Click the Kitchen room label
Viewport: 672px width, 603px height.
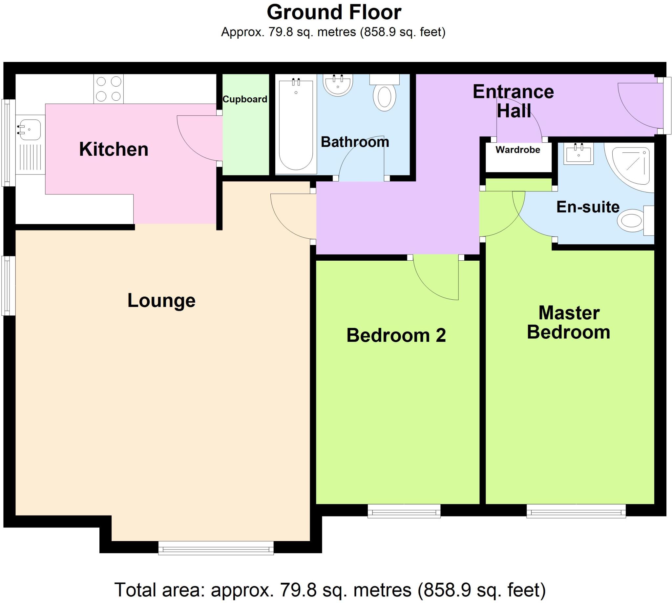(114, 149)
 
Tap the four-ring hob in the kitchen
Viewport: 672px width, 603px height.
(108, 89)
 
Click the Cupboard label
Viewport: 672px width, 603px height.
(245, 99)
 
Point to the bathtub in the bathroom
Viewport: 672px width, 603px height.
(296, 124)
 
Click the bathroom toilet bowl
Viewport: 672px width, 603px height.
(384, 97)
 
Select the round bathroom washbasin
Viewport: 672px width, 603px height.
(338, 85)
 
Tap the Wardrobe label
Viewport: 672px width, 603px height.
(517, 150)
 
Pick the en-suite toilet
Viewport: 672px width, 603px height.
(632, 220)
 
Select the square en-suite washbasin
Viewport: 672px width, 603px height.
(578, 154)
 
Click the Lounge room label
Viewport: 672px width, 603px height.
(161, 300)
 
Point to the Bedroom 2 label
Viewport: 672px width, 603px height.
(396, 335)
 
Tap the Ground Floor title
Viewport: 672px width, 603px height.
(334, 12)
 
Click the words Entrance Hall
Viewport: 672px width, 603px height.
(513, 101)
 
